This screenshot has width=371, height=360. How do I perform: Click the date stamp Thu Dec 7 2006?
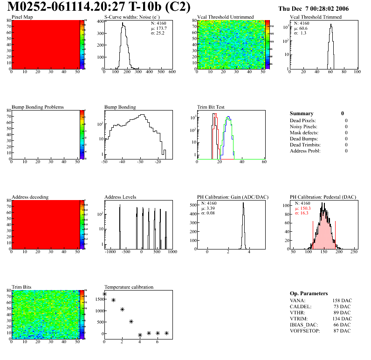coord(313,8)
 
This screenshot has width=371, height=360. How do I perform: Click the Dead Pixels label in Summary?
coord(303,120)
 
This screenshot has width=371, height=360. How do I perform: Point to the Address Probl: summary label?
coord(305,151)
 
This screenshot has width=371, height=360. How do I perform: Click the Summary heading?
coord(302,113)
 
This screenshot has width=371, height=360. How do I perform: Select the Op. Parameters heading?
coord(309,293)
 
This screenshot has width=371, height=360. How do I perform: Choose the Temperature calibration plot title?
coord(129,287)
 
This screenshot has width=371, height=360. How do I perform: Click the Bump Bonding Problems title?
coord(38,107)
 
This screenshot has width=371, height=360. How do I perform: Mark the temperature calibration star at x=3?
coord(131,321)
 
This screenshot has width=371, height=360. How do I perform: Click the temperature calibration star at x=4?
coord(140,335)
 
